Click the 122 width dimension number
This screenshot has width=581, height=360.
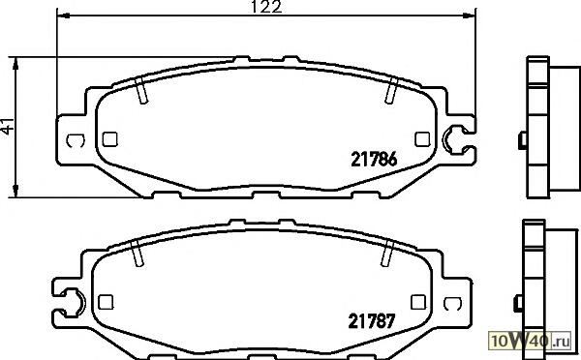(x=266, y=7)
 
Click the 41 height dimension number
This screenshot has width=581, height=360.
(x=8, y=126)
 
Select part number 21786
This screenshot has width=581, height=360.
(x=374, y=160)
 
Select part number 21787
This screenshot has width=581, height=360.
(x=372, y=321)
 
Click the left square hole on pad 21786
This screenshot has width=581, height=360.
(x=109, y=139)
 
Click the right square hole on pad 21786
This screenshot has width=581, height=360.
(x=422, y=139)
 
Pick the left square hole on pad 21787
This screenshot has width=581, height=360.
(x=106, y=302)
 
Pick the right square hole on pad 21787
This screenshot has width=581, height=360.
(x=418, y=302)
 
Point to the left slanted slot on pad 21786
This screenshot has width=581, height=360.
(x=140, y=90)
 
